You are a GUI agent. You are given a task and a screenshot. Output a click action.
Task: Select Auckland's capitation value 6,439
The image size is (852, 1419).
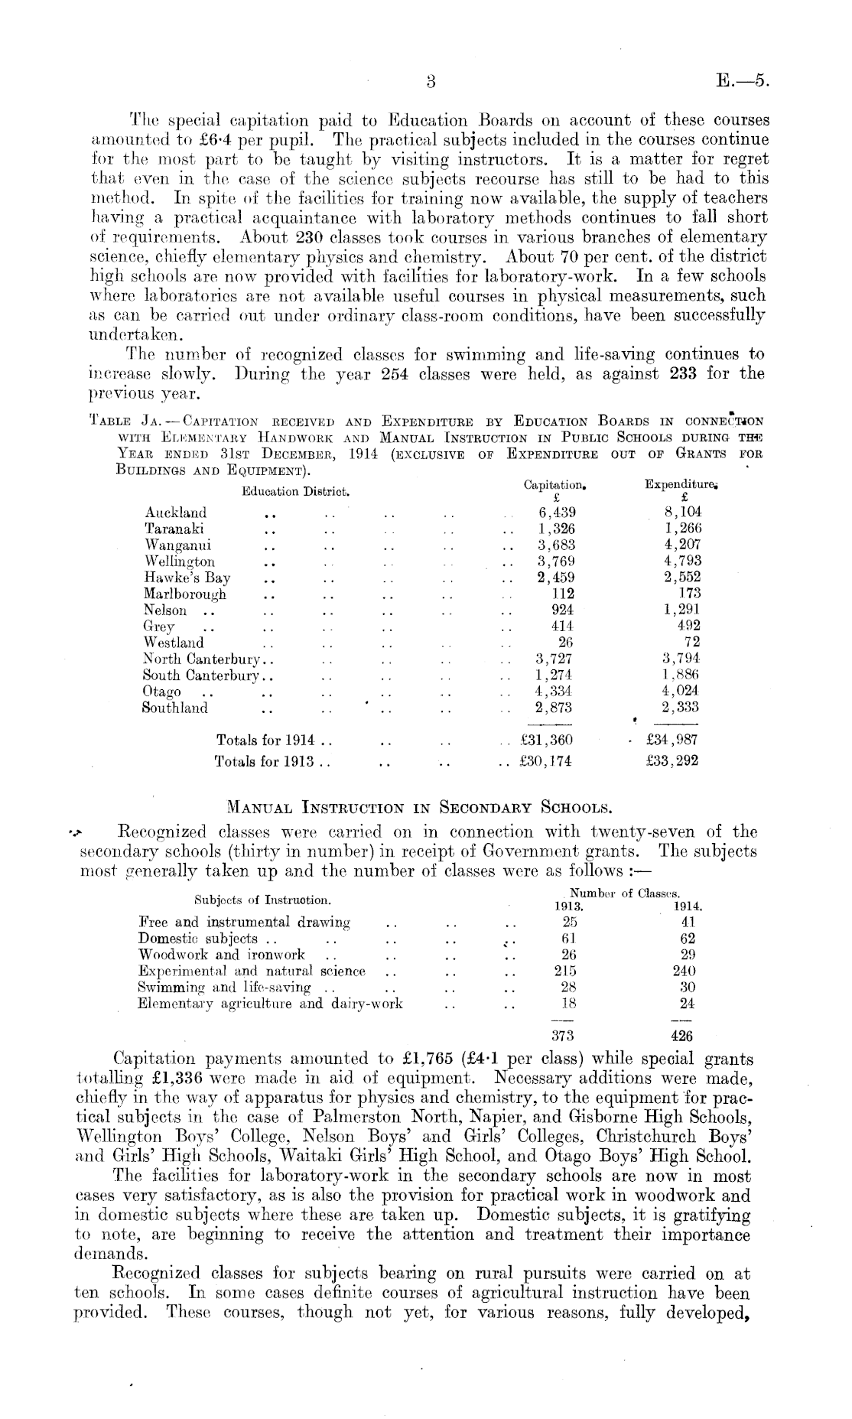pyautogui.click(x=557, y=513)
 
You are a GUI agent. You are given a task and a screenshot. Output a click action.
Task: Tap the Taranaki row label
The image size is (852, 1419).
pyautogui.click(x=174, y=529)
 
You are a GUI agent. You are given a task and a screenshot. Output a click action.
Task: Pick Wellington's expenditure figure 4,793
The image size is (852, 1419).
pyautogui.click(x=682, y=561)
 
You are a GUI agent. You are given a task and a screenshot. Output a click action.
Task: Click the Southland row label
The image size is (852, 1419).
pyautogui.click(x=175, y=708)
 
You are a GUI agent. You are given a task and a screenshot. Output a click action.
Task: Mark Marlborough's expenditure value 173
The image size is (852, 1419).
pyautogui.click(x=689, y=593)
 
